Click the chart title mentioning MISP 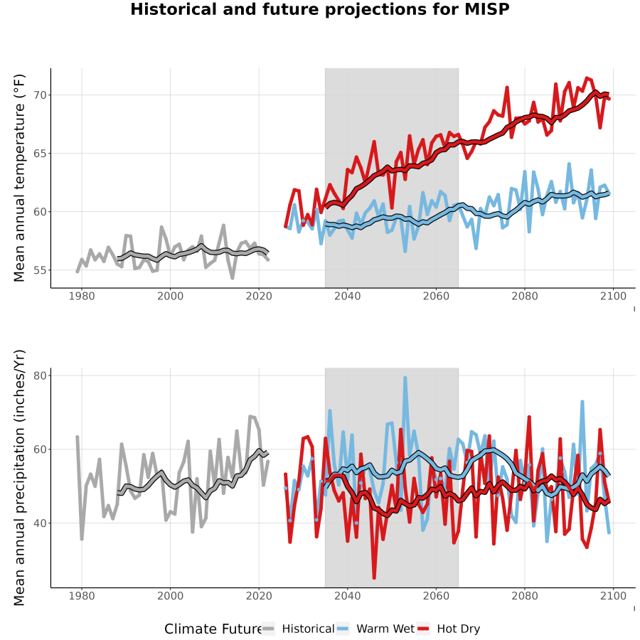click(320, 9)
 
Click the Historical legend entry click(299, 629)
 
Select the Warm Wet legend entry click(375, 629)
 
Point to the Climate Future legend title click(213, 629)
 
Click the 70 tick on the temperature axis click(41, 95)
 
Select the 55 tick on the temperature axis click(41, 270)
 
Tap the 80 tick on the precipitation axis click(41, 375)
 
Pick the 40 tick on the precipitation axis click(41, 523)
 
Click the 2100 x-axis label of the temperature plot click(613, 296)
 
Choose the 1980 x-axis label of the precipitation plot click(82, 596)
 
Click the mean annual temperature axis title click(19, 178)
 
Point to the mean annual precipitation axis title click(19, 478)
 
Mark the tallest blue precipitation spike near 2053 click(405, 378)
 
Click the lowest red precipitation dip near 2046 click(374, 577)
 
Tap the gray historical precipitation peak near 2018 click(250, 417)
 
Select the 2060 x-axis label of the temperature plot click(436, 296)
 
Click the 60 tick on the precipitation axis click(41, 449)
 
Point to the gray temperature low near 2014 click(233, 277)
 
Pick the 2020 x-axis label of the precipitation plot click(259, 596)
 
